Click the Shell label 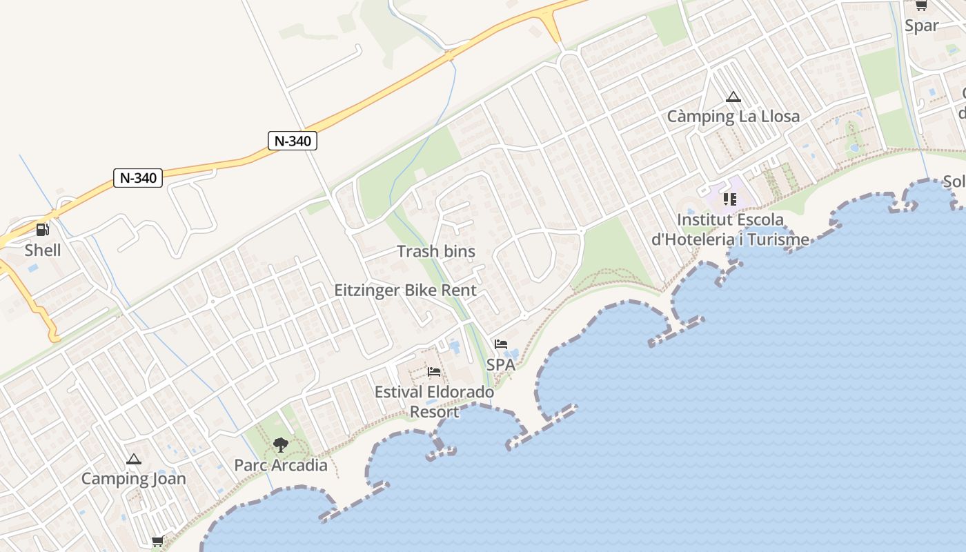(x=43, y=250)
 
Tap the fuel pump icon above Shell (x=43, y=230)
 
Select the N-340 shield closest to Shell (x=138, y=178)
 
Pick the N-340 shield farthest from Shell (x=293, y=141)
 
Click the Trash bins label (x=436, y=252)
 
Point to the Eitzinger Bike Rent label (x=405, y=290)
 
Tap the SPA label (x=501, y=364)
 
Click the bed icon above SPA (x=501, y=344)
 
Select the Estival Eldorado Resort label (x=434, y=402)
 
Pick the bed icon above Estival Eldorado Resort (x=434, y=372)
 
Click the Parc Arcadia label (x=281, y=465)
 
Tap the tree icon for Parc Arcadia (x=280, y=445)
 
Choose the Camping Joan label (x=134, y=478)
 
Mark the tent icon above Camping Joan (x=134, y=459)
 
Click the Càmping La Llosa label (x=733, y=117)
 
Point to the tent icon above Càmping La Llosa (x=733, y=97)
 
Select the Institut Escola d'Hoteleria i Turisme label (x=731, y=230)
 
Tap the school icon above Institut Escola (x=730, y=199)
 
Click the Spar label (x=922, y=26)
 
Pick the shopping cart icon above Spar (x=921, y=6)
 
